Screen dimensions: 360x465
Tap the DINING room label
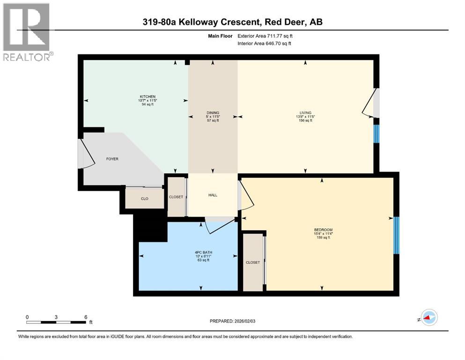(213, 112)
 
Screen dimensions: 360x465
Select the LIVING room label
(306, 112)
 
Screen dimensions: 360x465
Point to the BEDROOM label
(324, 229)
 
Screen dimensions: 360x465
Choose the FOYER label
(112, 159)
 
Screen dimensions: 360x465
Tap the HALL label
(213, 195)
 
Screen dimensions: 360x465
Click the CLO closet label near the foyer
(145, 199)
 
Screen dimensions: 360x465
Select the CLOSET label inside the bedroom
(253, 262)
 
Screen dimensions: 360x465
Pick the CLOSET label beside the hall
(176, 197)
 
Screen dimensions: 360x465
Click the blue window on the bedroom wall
(396, 235)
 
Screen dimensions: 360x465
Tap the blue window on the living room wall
(376, 134)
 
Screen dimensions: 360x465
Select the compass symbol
(428, 318)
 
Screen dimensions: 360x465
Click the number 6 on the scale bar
(86, 317)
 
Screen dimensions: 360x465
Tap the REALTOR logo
(26, 31)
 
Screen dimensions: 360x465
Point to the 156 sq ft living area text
(306, 120)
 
